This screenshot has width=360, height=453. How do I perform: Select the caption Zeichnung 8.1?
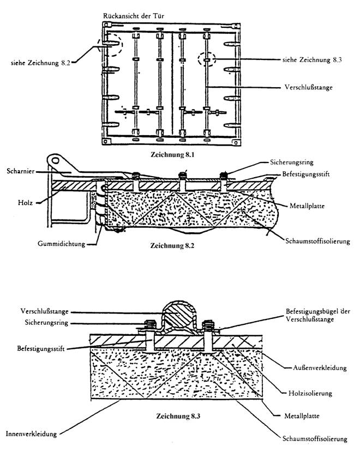[x=172, y=154]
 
